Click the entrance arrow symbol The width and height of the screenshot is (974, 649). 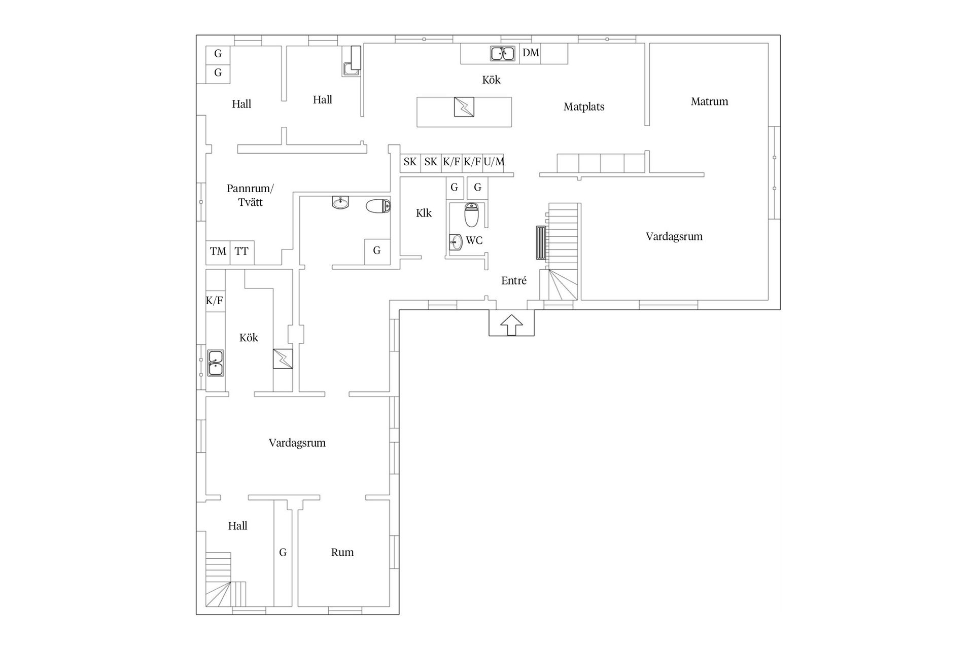click(x=511, y=324)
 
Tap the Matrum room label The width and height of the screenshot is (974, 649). click(x=709, y=101)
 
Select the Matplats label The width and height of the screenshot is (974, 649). click(x=584, y=107)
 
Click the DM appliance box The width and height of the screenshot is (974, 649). click(x=530, y=53)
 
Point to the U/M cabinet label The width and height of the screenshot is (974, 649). click(x=494, y=162)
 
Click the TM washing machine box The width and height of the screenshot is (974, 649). click(x=218, y=252)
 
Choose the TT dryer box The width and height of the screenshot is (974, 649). click(x=242, y=252)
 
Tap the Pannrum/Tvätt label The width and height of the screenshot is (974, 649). click(x=250, y=195)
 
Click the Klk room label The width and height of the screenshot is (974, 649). click(x=424, y=213)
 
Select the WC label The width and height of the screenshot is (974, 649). click(x=474, y=240)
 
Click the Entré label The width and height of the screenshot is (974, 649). click(x=514, y=281)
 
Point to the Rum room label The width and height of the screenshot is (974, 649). click(x=342, y=553)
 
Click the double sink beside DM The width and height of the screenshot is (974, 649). click(x=503, y=53)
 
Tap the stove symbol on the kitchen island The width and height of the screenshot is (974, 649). click(x=464, y=107)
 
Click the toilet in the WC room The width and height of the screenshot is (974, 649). click(x=472, y=215)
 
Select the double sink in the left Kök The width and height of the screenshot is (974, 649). click(x=216, y=363)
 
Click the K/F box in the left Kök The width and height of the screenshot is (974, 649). click(x=215, y=301)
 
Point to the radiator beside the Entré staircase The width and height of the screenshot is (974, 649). click(x=541, y=243)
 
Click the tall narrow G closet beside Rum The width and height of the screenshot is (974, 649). click(x=283, y=553)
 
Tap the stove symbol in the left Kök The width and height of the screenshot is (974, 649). click(x=283, y=359)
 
